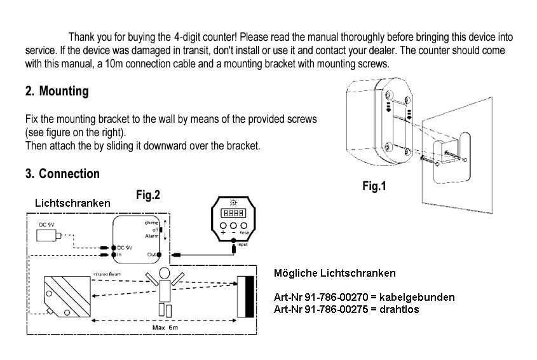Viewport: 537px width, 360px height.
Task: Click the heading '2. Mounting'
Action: pos(57,91)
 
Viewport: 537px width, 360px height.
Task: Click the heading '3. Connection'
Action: pos(62,174)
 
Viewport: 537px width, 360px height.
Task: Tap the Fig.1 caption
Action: pos(374,186)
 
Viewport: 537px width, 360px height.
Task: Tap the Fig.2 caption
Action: pos(148,195)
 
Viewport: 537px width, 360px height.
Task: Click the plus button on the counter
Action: pos(224,226)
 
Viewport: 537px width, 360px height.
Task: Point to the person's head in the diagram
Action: pos(165,273)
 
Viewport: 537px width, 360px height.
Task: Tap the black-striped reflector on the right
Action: pos(245,296)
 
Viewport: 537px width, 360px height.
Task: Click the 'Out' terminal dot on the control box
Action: pos(160,255)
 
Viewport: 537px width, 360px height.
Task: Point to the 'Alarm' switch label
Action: pos(152,236)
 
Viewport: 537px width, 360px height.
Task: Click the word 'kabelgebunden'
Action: pos(420,297)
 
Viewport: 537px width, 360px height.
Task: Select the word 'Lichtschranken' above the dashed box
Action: pos(72,203)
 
